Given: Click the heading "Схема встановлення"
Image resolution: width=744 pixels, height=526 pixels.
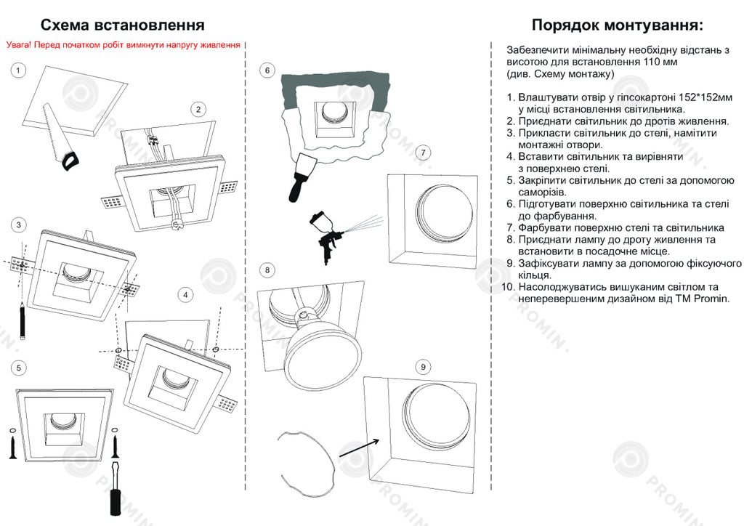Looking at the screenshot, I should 122,26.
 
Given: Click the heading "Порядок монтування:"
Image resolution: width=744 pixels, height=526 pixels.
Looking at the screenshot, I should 618,26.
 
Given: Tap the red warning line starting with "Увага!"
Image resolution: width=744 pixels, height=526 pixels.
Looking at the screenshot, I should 124,45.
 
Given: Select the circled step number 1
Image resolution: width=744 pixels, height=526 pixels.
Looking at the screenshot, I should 18,70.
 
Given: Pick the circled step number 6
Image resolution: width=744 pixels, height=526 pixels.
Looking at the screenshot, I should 267,70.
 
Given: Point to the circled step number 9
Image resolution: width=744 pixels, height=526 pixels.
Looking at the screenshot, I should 424,365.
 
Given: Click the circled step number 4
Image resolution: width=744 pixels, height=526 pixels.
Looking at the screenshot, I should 186,294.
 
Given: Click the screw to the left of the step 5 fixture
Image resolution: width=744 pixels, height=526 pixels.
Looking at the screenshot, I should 14,444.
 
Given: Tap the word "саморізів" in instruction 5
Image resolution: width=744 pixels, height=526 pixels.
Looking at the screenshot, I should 542,192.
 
